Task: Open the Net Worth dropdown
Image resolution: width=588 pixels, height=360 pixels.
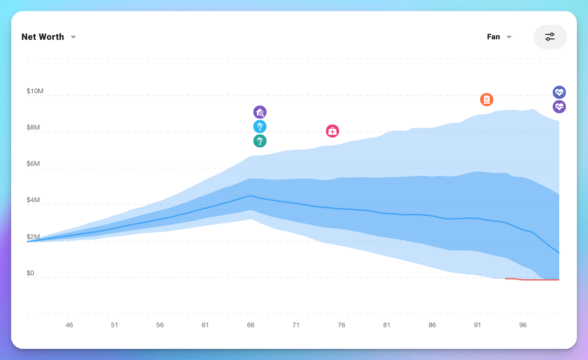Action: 48,37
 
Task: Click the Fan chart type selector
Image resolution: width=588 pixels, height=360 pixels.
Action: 499,37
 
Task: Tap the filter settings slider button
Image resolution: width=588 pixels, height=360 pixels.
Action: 550,37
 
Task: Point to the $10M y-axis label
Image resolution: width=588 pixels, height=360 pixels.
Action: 35,91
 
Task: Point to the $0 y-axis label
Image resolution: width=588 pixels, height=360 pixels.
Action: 31,273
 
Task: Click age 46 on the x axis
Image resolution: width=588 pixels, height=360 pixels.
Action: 70,325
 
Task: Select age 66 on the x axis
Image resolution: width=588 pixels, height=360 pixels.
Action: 251,325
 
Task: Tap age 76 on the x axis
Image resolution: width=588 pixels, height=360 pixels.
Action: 342,325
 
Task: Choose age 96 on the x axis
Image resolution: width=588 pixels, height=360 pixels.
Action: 523,325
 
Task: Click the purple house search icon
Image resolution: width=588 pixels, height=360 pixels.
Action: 260,112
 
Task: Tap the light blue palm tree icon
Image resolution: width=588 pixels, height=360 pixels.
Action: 260,127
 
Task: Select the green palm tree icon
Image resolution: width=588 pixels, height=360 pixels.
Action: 260,141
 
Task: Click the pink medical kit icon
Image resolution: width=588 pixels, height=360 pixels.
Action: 333,131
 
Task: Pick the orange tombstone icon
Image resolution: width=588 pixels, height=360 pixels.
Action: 487,99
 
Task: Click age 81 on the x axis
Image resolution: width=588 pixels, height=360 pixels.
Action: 387,325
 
